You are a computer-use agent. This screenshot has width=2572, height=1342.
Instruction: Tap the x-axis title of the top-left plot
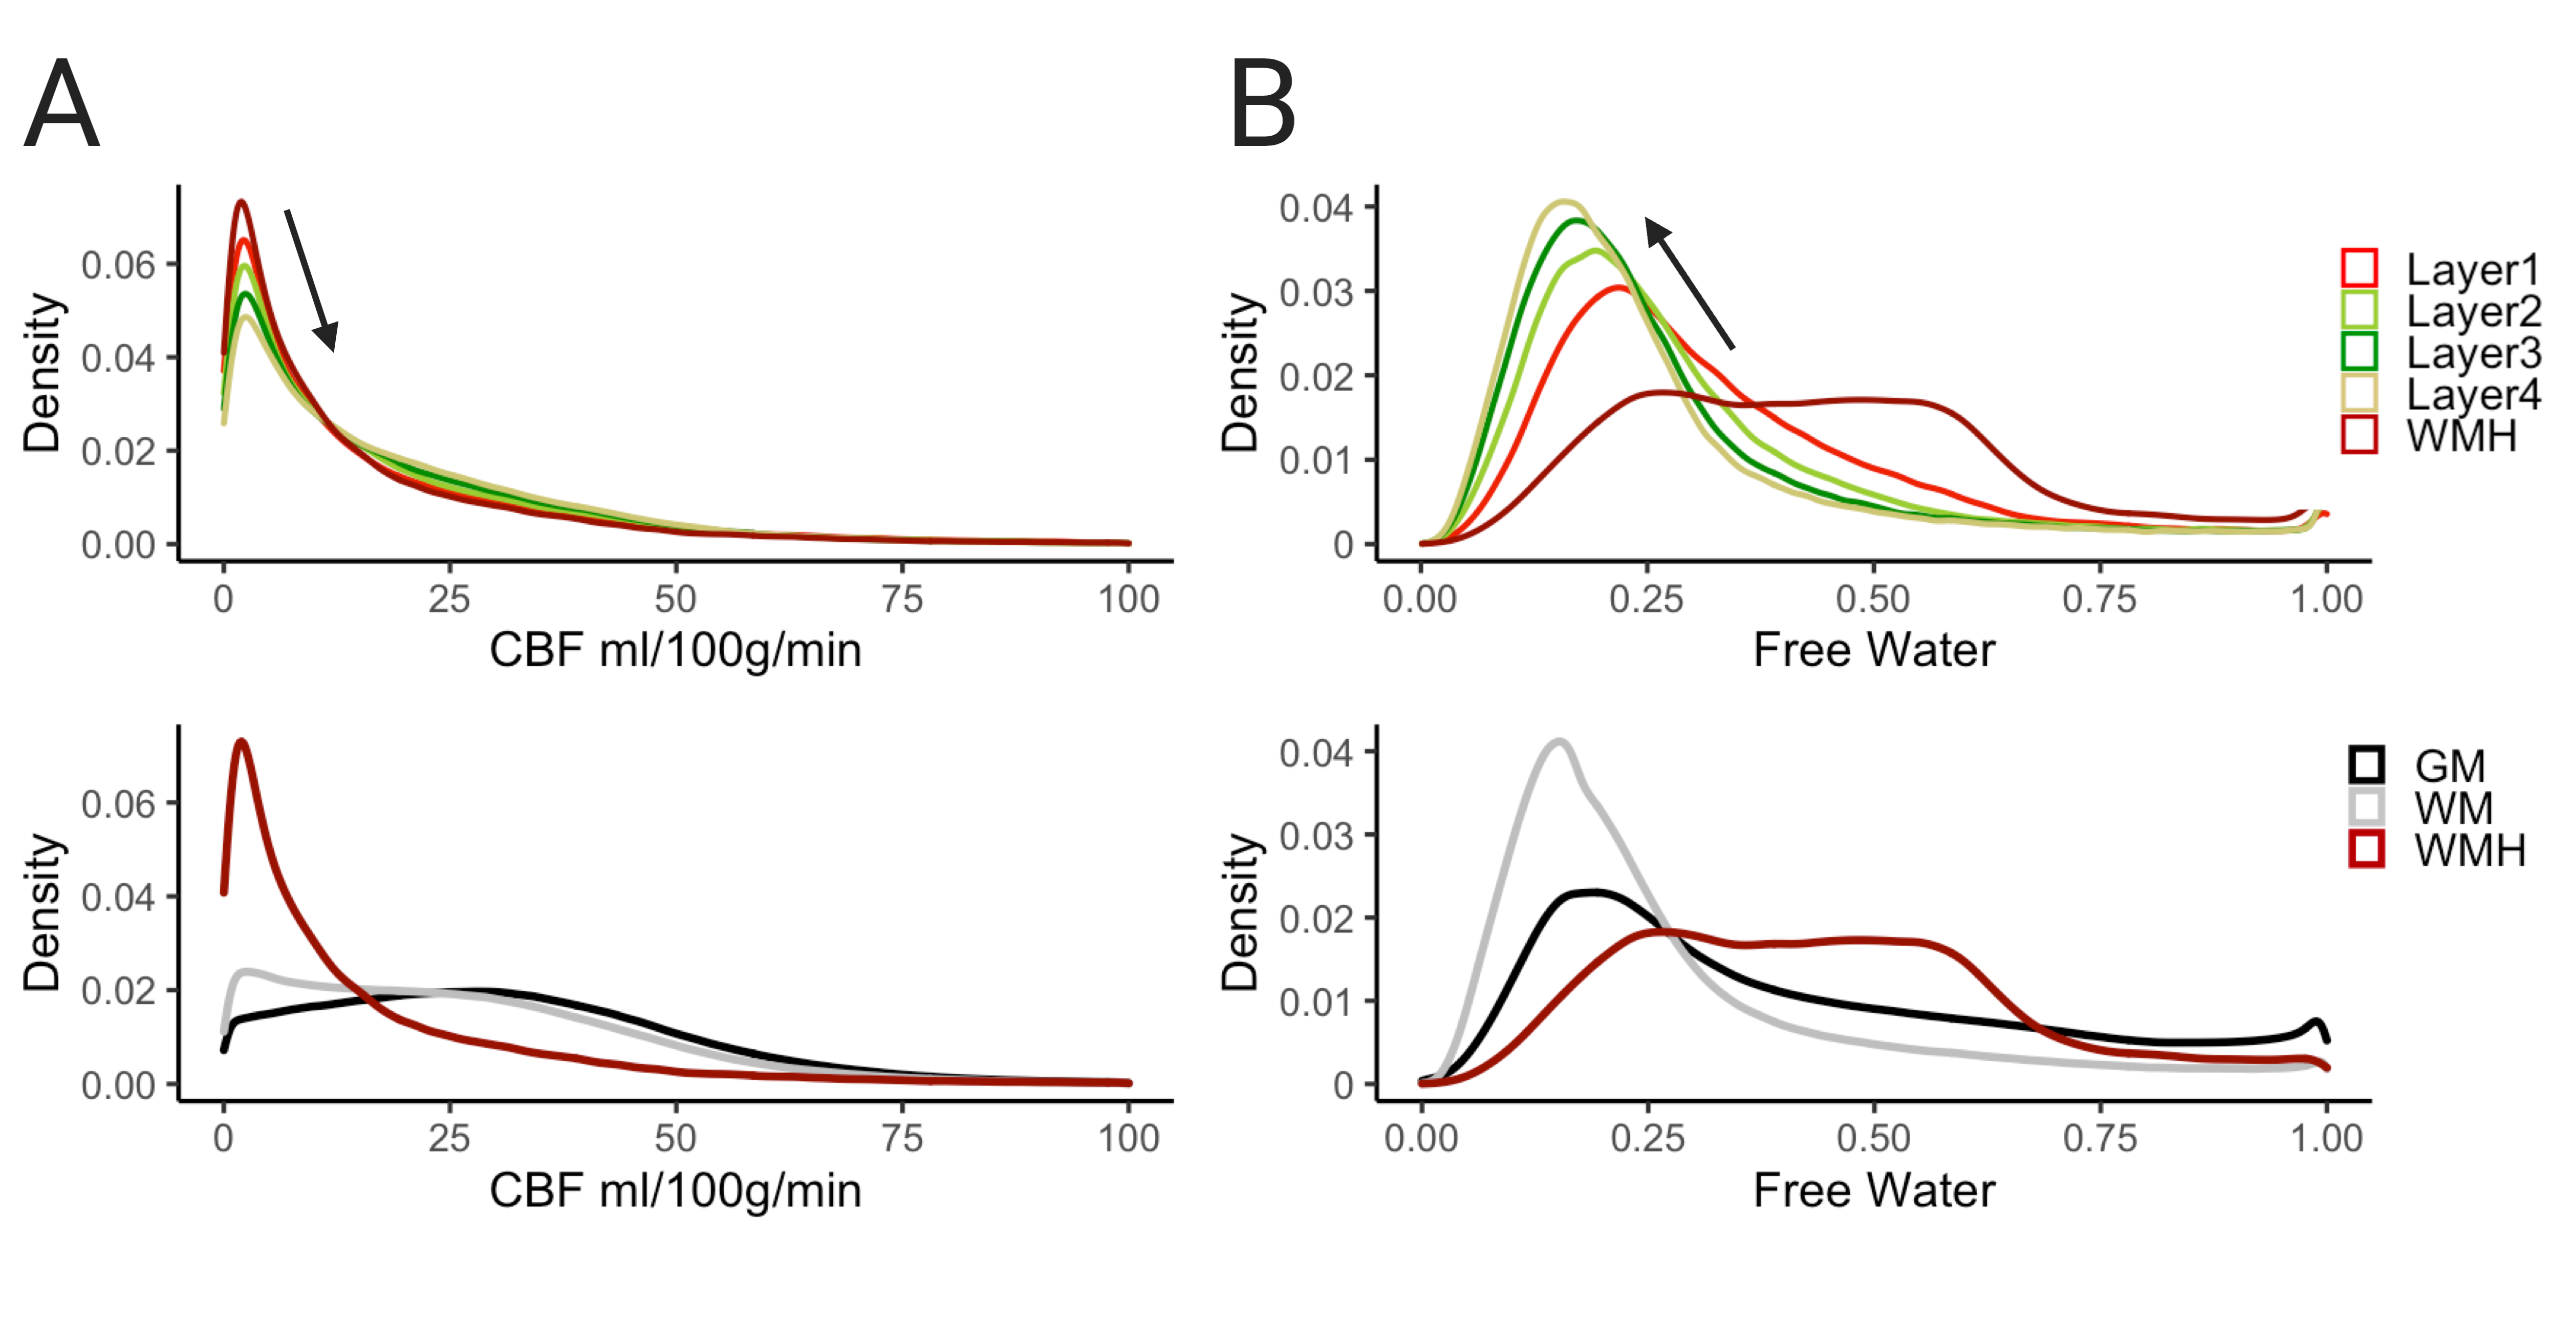coord(675,651)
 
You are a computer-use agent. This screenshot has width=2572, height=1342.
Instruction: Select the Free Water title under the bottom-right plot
coord(1873,1190)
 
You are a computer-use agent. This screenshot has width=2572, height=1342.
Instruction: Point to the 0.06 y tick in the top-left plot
coord(118,266)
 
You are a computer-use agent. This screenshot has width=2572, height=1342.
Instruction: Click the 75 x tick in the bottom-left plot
coord(901,1138)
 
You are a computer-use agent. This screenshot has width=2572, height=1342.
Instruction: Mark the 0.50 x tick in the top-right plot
coord(1873,599)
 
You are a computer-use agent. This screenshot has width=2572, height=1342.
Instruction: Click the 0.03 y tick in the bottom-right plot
coord(1316,836)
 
